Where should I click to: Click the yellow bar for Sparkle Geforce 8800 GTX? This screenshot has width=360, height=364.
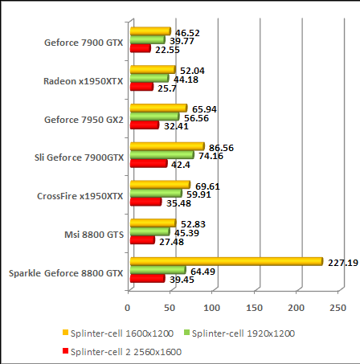click(x=225, y=261)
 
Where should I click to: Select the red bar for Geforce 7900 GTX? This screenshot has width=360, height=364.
click(x=140, y=49)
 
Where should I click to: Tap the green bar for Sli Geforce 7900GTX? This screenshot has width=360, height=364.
click(x=162, y=154)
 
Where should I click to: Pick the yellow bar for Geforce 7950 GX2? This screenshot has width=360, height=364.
click(x=157, y=108)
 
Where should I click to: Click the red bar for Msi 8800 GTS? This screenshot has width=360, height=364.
click(x=141, y=240)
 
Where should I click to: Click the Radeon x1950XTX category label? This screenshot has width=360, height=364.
click(x=84, y=80)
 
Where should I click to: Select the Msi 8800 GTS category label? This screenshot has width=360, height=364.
click(x=93, y=235)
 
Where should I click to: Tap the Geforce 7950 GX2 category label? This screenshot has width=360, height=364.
click(x=84, y=119)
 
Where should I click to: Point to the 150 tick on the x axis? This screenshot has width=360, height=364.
click(x=255, y=308)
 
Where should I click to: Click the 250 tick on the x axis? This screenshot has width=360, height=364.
click(x=338, y=308)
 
